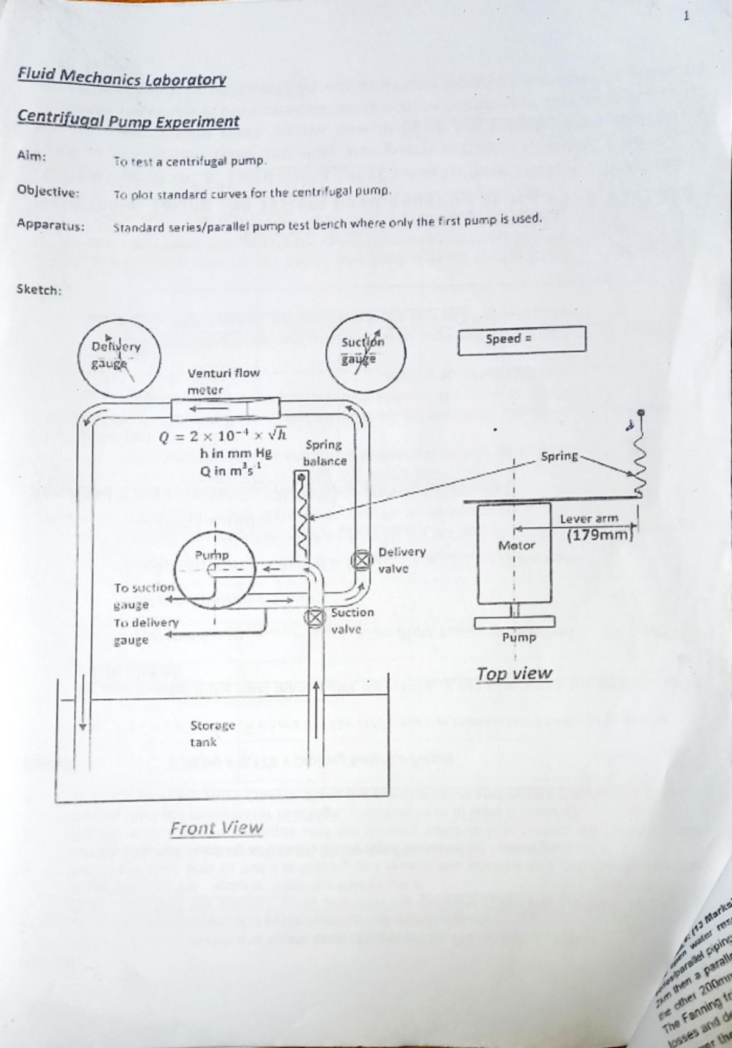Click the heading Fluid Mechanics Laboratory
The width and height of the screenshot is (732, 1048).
(122, 78)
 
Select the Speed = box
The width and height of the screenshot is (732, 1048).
(522, 339)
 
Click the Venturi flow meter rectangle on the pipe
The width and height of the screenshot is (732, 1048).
(225, 408)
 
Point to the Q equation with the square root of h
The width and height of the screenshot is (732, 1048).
(222, 435)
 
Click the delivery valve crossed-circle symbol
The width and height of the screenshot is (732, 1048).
(362, 559)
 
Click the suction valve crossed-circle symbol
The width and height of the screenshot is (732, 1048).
(315, 617)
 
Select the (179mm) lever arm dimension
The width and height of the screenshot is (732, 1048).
(600, 536)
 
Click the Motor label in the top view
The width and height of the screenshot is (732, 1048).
(516, 545)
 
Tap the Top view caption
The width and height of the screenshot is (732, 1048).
(514, 673)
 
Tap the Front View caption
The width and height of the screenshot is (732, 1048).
(216, 828)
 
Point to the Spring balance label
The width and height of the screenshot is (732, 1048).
(324, 453)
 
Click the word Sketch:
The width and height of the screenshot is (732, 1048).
(39, 289)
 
